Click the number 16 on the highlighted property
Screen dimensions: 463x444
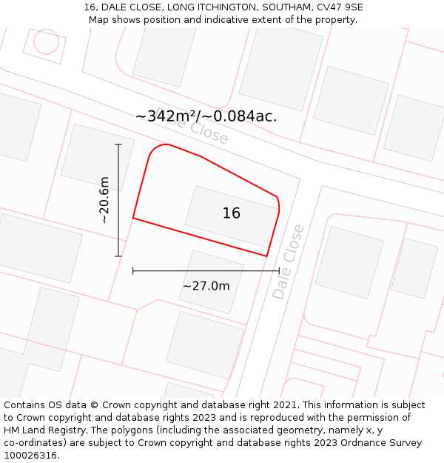point(231,213)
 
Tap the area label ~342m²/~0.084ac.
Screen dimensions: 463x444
point(206,116)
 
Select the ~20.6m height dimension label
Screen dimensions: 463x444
point(104,200)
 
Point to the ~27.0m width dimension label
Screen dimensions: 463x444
point(206,286)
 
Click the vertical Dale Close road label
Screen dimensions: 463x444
point(289,262)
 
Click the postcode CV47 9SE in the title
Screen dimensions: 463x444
point(338,7)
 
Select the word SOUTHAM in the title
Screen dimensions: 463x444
point(280,7)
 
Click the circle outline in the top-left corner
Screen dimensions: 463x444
point(46,41)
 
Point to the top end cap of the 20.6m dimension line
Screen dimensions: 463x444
point(118,144)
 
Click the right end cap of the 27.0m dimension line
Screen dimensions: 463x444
point(279,271)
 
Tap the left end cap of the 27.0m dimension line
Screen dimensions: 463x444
point(133,271)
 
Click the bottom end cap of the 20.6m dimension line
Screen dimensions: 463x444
point(118,256)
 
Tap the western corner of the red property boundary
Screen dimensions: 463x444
point(133,218)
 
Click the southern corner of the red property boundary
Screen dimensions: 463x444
point(266,256)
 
